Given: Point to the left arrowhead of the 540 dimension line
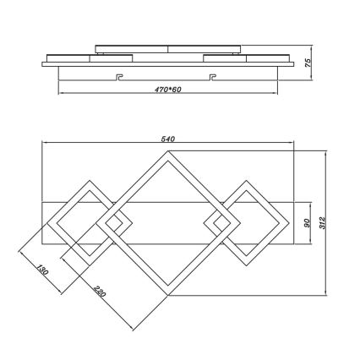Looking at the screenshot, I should click(x=44, y=139).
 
